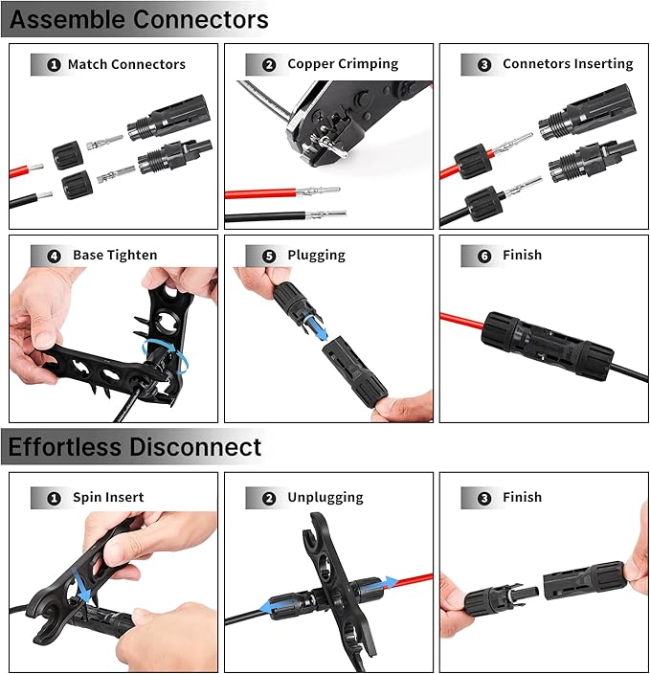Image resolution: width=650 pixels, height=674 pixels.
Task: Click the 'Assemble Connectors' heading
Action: pos(139,19)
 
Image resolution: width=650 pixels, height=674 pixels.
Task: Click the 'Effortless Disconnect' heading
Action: pos(135,447)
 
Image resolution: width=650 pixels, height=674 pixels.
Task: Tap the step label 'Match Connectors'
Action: pos(126,64)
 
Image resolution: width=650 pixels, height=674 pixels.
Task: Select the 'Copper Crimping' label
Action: pos(343,64)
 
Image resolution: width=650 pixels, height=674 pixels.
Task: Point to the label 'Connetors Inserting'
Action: pos(568,64)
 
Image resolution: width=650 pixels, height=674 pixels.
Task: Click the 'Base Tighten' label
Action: pos(115,256)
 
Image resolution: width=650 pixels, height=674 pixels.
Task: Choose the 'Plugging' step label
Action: pos(317,256)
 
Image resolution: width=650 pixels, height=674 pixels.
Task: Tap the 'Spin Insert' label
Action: pos(108,497)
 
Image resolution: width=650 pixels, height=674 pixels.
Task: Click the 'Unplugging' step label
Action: pos(325,497)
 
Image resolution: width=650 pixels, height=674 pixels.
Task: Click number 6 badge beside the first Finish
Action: pos(484,257)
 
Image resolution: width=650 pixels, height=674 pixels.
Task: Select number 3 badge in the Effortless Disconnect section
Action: pos(484,498)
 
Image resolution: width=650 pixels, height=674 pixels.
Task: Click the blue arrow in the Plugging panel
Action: pos(316,327)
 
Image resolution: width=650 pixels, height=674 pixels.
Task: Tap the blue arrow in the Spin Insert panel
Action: pos(82,586)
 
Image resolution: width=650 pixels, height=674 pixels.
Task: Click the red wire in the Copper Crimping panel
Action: pos(260,193)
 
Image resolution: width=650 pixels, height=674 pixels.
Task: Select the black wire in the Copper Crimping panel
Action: pos(265,216)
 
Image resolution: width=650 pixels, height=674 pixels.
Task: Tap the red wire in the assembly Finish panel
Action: pos(462,321)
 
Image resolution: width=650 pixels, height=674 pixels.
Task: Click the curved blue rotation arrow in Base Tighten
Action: pos(165,354)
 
